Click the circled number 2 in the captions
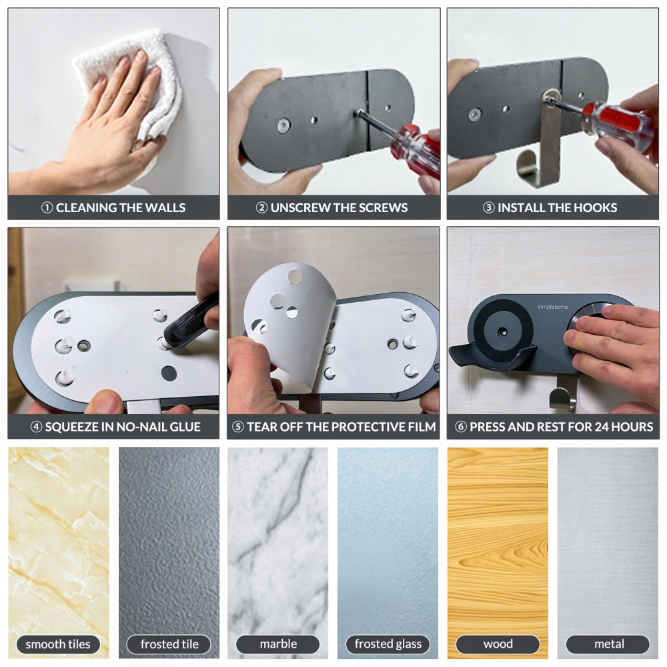pos(262,207)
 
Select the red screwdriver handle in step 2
pos(415,150)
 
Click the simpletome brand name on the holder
pos(555,307)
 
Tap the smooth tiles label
pos(58,644)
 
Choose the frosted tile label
pos(169,644)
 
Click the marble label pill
pos(278,644)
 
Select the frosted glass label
pos(388,644)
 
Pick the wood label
pos(498,644)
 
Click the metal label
pos(608,644)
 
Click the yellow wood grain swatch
pos(498,534)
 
